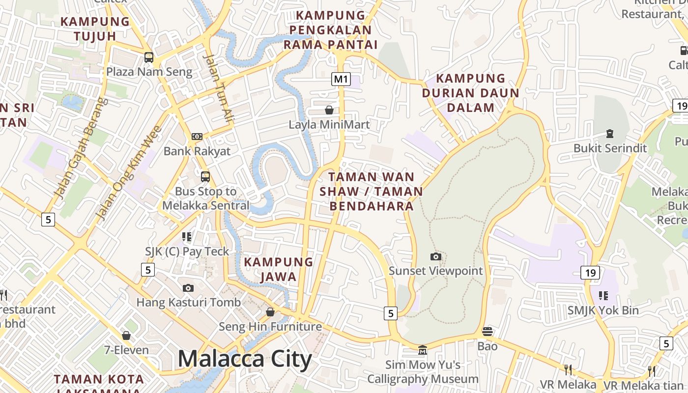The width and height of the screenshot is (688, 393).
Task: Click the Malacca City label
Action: tap(244, 359)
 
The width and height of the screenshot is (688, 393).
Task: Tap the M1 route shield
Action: tap(341, 79)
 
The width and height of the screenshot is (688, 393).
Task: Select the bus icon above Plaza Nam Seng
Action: tap(149, 57)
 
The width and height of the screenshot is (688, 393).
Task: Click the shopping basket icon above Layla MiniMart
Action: tap(329, 110)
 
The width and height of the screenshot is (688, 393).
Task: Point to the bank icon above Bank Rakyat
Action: tap(197, 137)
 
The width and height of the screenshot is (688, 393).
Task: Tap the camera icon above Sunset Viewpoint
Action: tap(435, 256)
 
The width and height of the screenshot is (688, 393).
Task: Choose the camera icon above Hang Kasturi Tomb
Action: tap(188, 288)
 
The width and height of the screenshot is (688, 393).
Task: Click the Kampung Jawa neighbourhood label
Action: tap(279, 269)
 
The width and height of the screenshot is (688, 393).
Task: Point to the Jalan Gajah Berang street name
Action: tap(81, 147)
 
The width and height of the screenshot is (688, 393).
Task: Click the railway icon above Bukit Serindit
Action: tap(610, 133)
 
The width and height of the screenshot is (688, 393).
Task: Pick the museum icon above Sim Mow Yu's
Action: tap(423, 350)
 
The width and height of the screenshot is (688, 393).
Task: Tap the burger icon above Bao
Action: tap(487, 332)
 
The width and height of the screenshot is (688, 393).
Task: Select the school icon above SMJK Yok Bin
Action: tap(603, 296)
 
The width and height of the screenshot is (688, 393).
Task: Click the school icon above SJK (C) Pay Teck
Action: tap(187, 237)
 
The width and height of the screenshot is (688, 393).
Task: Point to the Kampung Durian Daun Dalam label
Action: tap(470, 93)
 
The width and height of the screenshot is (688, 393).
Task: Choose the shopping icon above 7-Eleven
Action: tap(126, 336)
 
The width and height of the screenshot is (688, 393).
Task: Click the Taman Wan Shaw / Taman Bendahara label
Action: tap(371, 191)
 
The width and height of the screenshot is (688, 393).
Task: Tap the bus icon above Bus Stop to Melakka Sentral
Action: tap(205, 177)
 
